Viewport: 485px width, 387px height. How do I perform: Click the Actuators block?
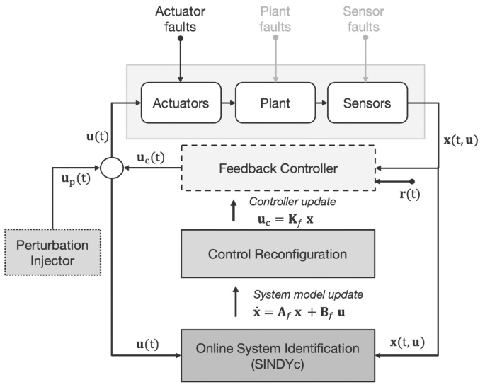[181, 103]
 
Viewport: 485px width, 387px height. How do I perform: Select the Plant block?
[273, 103]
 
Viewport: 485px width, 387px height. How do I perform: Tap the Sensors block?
[366, 103]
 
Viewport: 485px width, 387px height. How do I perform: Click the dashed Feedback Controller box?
[278, 168]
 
